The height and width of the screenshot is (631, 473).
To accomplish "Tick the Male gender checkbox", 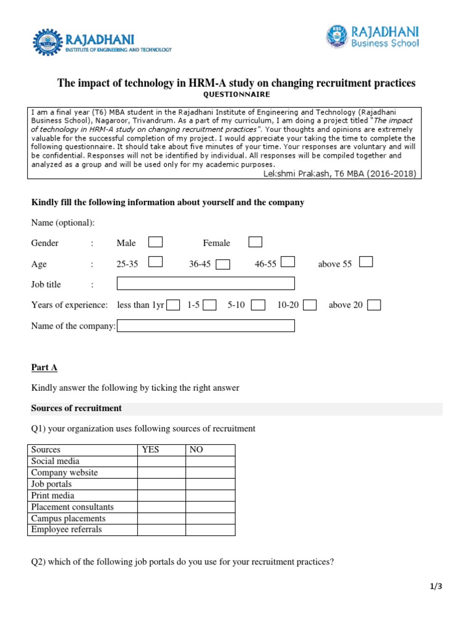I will (x=156, y=242).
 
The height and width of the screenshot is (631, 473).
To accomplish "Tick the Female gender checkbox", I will (x=255, y=242).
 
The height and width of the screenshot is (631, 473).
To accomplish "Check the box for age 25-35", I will (x=156, y=263).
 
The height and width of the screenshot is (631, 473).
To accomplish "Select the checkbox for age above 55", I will (x=366, y=263).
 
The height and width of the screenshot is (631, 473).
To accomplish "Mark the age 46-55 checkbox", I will (x=288, y=263).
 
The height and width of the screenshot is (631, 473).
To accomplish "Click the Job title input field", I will (x=206, y=283).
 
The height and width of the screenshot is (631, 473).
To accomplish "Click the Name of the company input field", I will (x=206, y=325).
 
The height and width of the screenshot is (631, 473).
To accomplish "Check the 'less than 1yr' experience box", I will (x=173, y=304).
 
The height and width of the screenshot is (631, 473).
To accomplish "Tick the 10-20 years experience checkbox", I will (x=310, y=304).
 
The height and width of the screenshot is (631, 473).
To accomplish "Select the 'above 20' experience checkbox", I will (x=373, y=304).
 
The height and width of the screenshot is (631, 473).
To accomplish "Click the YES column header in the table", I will (x=150, y=450).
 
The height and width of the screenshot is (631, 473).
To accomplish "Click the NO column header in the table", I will (x=196, y=450).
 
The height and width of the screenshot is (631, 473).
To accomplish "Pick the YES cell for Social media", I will (x=161, y=461).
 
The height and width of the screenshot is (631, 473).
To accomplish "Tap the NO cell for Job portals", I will (x=210, y=484).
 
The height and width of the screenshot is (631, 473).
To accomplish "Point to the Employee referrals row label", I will (x=67, y=529).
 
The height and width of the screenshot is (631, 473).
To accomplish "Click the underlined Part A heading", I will (x=44, y=367).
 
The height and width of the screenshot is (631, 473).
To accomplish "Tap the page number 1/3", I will (x=436, y=587).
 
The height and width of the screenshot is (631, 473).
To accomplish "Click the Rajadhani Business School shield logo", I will (x=337, y=36).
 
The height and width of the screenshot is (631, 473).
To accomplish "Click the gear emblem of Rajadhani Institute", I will (x=47, y=43).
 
